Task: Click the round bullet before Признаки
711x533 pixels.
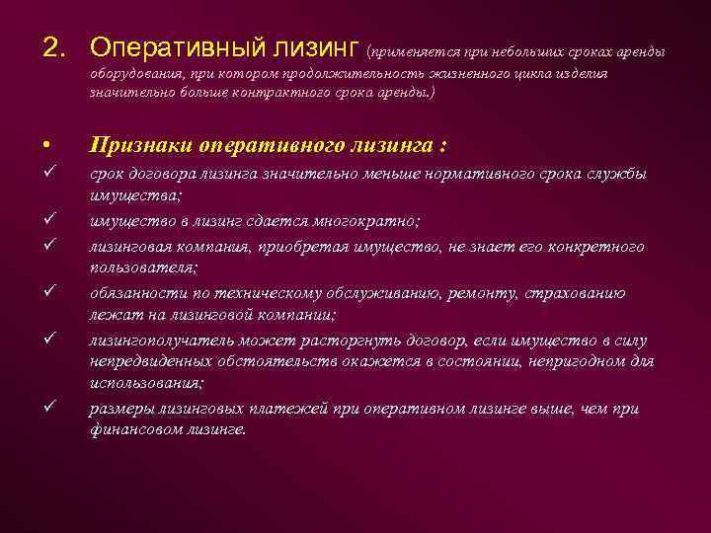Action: point(46,145)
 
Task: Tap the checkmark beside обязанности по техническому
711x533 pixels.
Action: point(47,292)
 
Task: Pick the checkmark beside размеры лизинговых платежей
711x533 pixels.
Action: point(47,407)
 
